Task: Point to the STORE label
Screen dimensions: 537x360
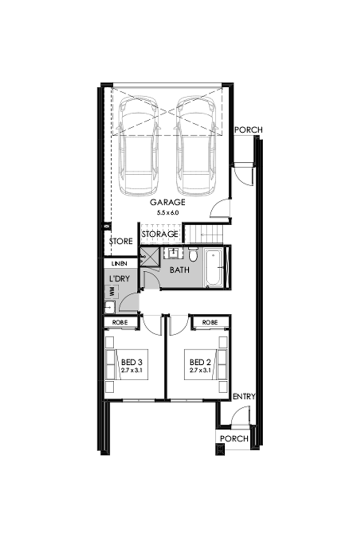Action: tap(121, 241)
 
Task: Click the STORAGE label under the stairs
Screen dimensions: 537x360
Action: tap(159, 234)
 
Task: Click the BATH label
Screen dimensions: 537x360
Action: tap(178, 270)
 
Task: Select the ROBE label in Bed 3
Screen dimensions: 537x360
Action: tap(121, 323)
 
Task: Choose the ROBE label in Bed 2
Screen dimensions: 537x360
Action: tap(209, 322)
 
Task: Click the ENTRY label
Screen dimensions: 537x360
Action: tap(244, 397)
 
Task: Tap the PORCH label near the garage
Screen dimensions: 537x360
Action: tap(248, 130)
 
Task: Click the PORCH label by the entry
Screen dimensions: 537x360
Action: tap(234, 439)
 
